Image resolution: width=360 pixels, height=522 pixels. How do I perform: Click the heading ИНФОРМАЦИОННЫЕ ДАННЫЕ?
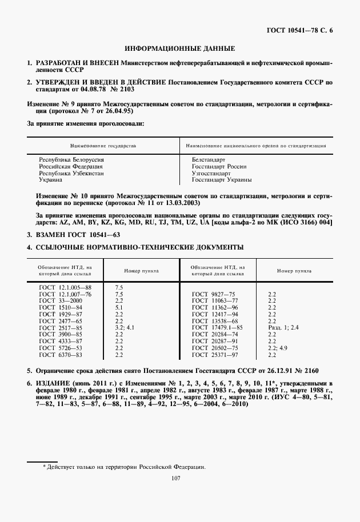coord(180,49)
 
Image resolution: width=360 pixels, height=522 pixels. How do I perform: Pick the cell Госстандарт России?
coord(219,166)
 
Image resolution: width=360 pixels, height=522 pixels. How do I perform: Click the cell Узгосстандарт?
coord(211,173)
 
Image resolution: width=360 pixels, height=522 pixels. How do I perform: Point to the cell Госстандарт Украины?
coord(221,179)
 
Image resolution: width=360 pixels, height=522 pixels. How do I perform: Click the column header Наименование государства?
coord(103,146)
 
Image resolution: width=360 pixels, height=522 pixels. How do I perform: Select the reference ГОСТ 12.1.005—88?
coord(65,287)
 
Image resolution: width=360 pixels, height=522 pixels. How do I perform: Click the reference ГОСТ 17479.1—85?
coord(217,327)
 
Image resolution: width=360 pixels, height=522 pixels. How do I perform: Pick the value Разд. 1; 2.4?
coord(283,327)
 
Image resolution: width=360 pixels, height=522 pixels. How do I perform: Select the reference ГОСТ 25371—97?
coord(214,354)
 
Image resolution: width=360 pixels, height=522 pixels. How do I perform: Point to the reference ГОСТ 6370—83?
coord(60,354)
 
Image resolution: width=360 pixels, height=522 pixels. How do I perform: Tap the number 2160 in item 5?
coord(306,371)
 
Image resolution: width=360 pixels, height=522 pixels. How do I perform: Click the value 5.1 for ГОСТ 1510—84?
coord(119,307)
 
